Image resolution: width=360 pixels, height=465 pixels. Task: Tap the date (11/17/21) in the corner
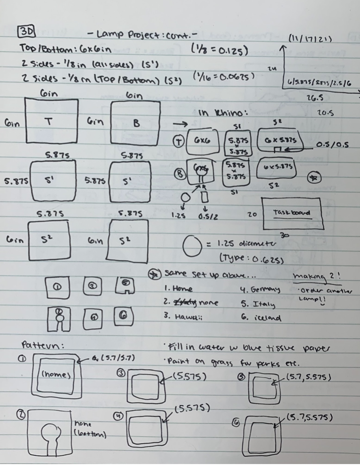[x=310, y=39]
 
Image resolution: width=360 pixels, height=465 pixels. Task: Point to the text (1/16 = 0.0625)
[x=224, y=75]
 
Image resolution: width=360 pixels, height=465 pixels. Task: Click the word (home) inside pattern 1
[x=55, y=375]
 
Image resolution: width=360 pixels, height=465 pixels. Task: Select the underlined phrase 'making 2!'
[x=318, y=276]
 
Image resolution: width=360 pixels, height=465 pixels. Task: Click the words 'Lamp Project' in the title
[x=124, y=34]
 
